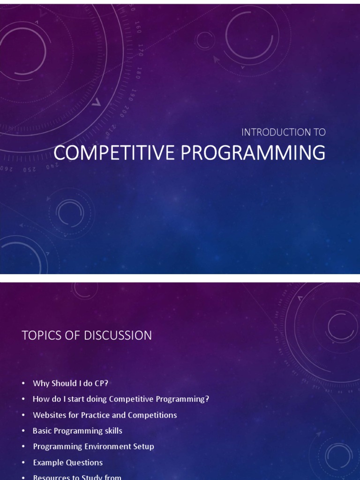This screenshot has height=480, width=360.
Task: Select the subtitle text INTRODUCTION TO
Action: pyautogui.click(x=283, y=132)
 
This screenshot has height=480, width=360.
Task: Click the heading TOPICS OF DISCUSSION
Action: pyautogui.click(x=87, y=335)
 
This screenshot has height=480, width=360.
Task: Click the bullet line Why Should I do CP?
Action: pyautogui.click(x=70, y=383)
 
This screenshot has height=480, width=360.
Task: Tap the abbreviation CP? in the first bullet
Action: pyautogui.click(x=101, y=383)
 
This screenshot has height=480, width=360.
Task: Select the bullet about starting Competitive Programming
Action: pyautogui.click(x=121, y=399)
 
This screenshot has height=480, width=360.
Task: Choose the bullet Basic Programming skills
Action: pyautogui.click(x=77, y=431)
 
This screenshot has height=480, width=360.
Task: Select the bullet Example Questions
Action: pyautogui.click(x=67, y=462)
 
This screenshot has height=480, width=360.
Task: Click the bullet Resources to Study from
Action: pyautogui.click(x=77, y=477)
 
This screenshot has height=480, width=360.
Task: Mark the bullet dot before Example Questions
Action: pyautogui.click(x=23, y=463)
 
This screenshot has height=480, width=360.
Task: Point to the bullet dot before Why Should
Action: pyautogui.click(x=23, y=383)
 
